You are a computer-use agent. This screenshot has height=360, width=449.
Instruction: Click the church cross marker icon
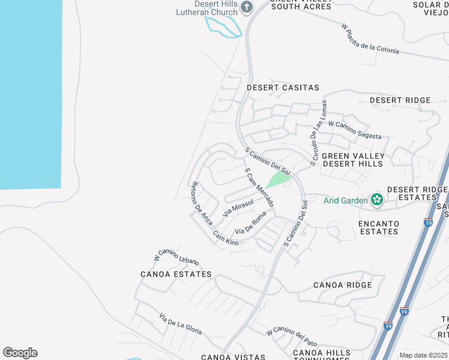(246, 7)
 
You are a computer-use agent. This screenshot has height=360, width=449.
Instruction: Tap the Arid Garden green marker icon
(377, 200)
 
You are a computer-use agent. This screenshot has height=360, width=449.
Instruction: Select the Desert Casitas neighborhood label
(283, 88)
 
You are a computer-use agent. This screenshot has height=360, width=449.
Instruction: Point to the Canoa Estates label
(176, 274)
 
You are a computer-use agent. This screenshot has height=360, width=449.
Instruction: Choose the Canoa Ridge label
(342, 285)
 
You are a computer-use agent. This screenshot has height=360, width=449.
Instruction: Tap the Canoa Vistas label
(233, 357)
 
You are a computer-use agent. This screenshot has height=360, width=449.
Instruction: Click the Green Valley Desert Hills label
(352, 160)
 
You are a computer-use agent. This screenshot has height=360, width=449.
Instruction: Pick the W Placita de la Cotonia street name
(370, 39)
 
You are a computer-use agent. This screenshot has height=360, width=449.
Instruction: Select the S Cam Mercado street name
(259, 188)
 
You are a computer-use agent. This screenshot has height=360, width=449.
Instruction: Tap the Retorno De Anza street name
(201, 203)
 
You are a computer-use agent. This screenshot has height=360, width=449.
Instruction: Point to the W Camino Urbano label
(176, 256)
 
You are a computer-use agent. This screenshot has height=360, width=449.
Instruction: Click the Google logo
(20, 352)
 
